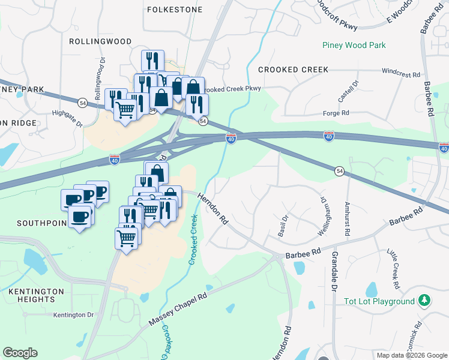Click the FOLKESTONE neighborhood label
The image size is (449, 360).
click(x=175, y=10)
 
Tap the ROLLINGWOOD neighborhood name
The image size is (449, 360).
click(x=100, y=41)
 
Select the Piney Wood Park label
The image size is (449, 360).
click(x=354, y=45)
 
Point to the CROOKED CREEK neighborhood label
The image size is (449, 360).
click(x=294, y=70)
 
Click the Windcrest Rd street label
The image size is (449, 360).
click(x=400, y=73)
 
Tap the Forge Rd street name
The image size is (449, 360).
click(x=337, y=112)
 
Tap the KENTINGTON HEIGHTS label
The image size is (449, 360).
click(x=36, y=296)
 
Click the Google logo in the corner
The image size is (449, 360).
click(x=20, y=352)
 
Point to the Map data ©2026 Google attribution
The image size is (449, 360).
click(x=411, y=355)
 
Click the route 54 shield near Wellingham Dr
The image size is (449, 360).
click(x=339, y=171)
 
